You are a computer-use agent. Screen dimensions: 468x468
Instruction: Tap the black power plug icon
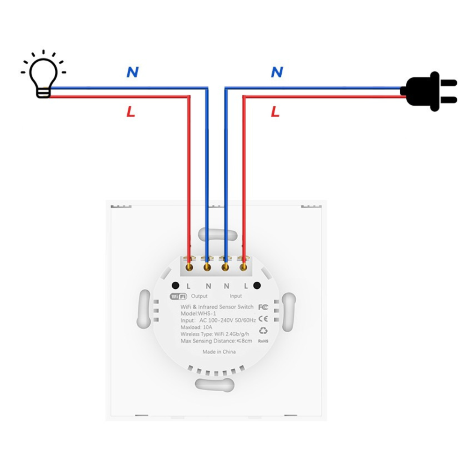pos(429,91)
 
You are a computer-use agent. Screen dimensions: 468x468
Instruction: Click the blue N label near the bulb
pos(132,72)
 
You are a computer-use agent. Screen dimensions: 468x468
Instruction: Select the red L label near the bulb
pos(131,112)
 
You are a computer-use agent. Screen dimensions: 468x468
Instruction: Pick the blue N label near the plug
pos(277,72)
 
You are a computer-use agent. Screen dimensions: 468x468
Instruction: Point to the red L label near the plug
pos(275,112)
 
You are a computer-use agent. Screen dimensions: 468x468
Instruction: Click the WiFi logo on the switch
pos(178,296)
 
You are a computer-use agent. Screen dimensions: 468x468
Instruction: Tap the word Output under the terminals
pos(199,296)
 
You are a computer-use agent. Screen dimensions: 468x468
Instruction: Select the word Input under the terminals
pos(236,296)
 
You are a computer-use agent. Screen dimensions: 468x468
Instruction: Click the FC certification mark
pos(263,307)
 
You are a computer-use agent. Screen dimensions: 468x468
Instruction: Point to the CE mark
pos(263,319)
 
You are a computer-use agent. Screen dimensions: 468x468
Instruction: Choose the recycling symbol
pos(263,330)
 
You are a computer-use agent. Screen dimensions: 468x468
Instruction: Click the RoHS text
pos(263,341)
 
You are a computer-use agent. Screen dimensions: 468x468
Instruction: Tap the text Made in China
pos(219,352)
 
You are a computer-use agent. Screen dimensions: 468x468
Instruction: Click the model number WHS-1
pos(207,314)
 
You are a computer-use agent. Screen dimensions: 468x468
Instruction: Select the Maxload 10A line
pos(197,328)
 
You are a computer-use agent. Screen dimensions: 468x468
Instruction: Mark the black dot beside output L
pos(175,285)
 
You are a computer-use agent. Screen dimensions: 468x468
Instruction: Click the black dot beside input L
pos(257,285)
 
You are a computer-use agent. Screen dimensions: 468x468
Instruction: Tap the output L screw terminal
pos(189,267)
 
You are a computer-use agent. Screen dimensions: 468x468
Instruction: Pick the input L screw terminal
pos(243,267)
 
